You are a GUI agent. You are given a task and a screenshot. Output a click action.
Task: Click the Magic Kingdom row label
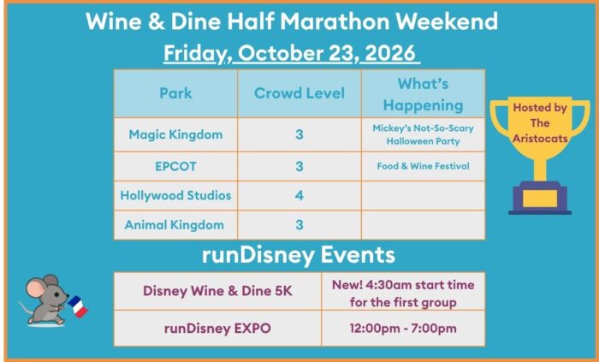tap(175, 134)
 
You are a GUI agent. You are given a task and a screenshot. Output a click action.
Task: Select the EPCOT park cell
tap(175, 167)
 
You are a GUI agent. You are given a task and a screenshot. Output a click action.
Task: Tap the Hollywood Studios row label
tap(175, 195)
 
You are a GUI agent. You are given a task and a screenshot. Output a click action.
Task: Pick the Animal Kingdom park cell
tap(175, 225)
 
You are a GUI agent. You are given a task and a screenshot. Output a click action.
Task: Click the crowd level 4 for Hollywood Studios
tap(299, 195)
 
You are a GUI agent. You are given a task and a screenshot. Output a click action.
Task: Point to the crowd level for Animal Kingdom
tap(299, 225)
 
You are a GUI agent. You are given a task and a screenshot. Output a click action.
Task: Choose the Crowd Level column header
tap(299, 93)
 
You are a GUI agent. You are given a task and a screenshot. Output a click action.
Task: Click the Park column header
tap(175, 93)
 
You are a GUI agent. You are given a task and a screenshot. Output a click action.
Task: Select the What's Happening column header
tap(423, 94)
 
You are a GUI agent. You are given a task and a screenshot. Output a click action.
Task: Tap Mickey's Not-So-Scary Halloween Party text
tap(423, 134)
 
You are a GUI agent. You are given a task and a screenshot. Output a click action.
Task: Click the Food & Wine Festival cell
tap(423, 166)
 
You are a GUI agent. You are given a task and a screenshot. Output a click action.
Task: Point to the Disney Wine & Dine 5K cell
tap(217, 291)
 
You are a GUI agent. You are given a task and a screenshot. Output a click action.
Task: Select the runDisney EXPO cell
tap(217, 329)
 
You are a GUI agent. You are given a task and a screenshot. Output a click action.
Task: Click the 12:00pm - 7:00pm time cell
tap(403, 329)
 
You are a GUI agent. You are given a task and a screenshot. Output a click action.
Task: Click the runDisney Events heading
tap(299, 255)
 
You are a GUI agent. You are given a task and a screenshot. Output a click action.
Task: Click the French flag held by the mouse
tap(78, 306)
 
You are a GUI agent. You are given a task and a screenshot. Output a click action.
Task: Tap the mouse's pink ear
tap(36, 288)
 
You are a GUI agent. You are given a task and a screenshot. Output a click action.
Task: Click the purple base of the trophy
tap(540, 198)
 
